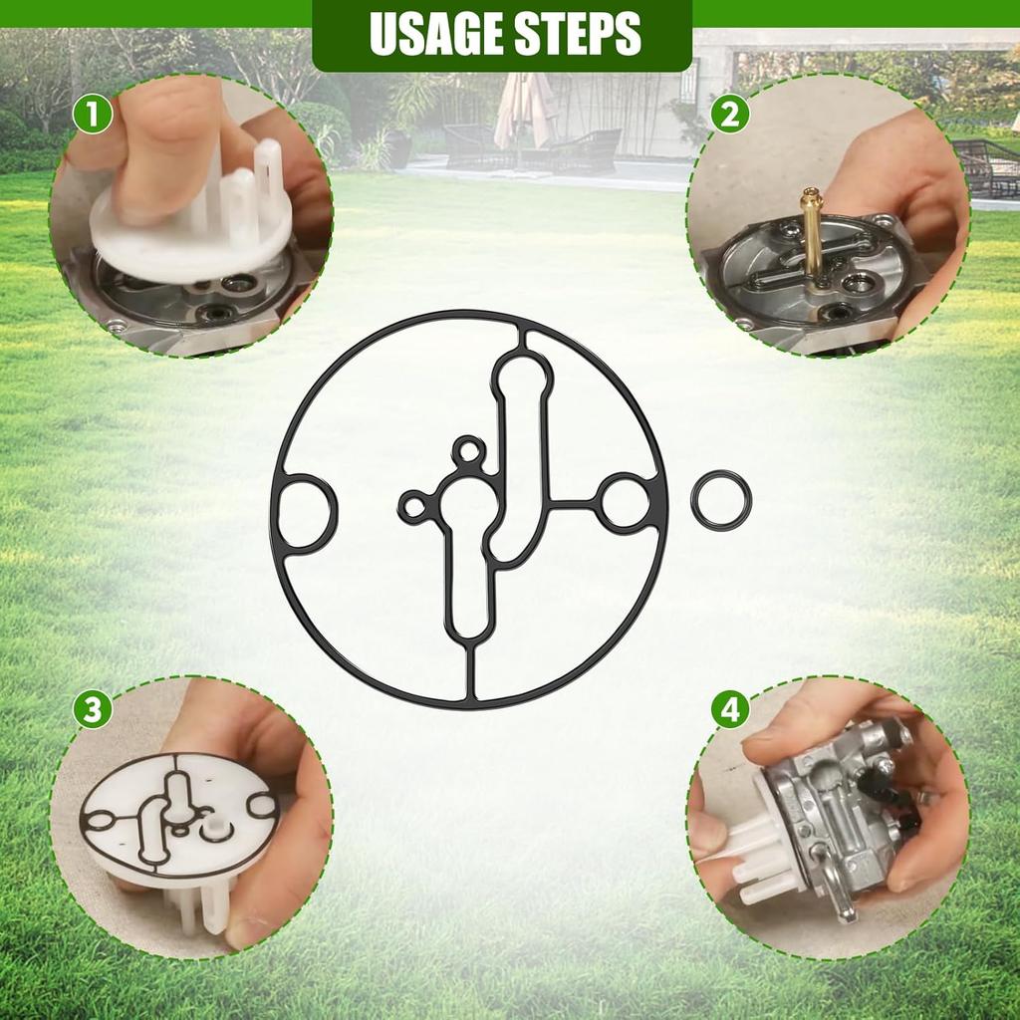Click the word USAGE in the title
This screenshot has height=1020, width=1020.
(435, 33)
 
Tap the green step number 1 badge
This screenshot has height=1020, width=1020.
(93, 114)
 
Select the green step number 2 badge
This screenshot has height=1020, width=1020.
(730, 115)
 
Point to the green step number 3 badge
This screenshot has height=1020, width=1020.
(93, 709)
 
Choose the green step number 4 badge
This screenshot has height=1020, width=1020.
(730, 709)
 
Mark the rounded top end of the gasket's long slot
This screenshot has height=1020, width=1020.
(523, 365)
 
